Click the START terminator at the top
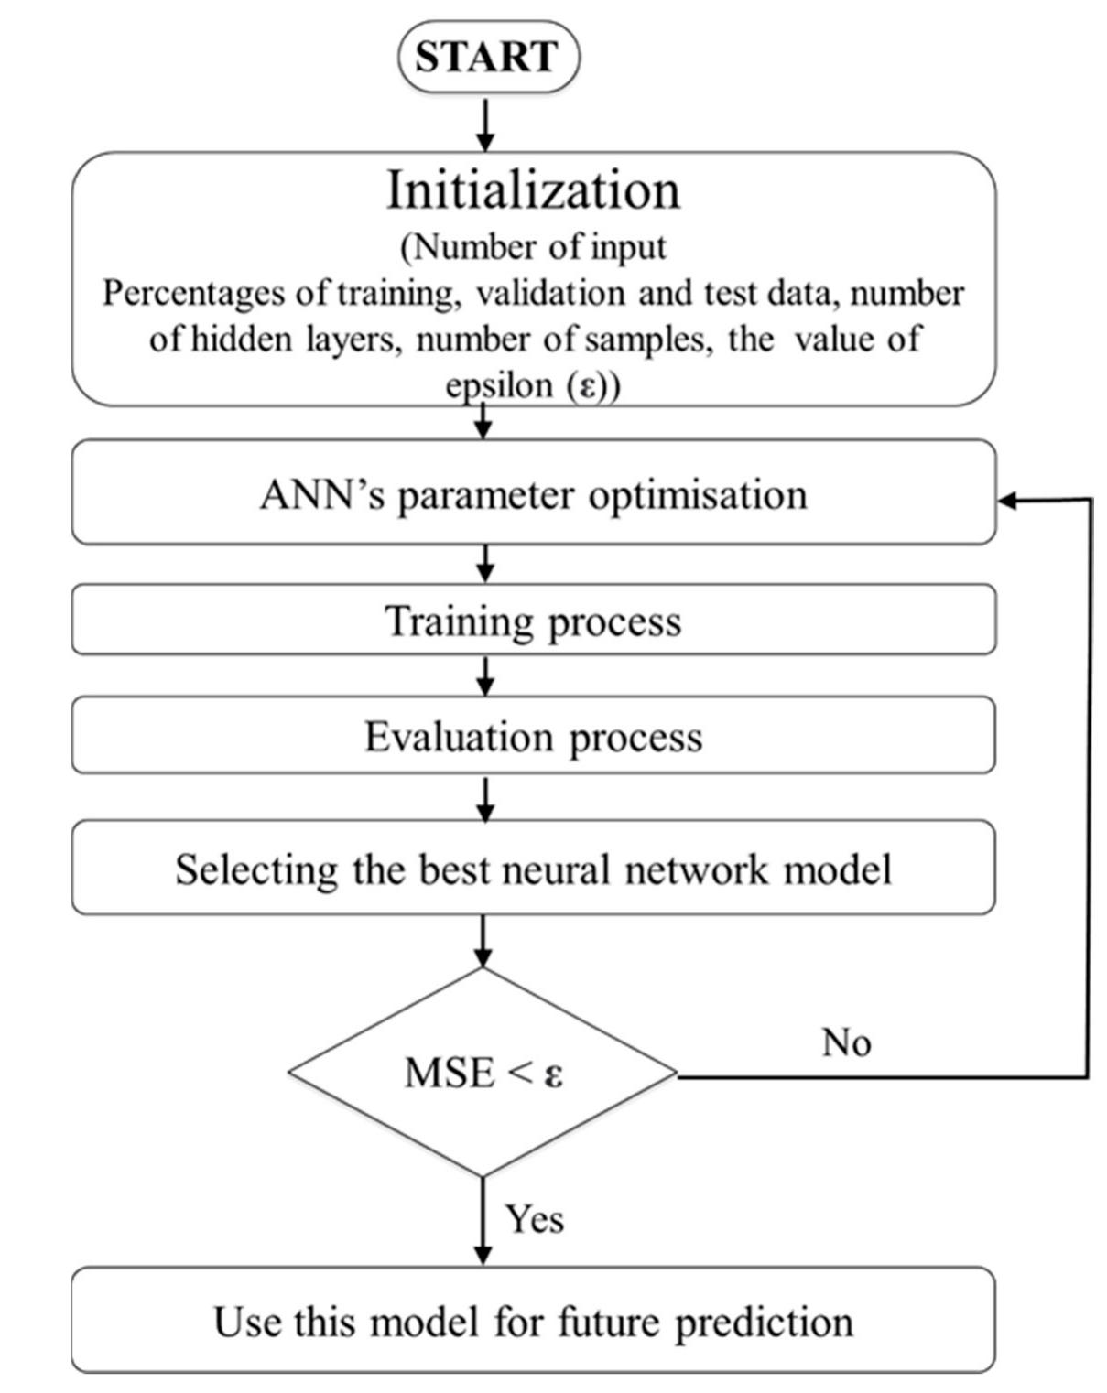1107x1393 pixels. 488,57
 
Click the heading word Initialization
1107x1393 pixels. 533,190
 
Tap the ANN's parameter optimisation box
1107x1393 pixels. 533,494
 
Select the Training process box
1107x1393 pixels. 533,621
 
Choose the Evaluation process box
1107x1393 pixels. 533,736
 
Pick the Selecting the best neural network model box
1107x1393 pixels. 533,868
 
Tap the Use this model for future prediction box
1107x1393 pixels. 533,1321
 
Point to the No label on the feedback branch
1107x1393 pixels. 846,1042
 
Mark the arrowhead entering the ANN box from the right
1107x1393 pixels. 1007,500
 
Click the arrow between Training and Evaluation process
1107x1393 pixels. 486,675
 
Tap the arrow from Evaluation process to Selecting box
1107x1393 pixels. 486,798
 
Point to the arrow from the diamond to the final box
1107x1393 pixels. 483,1222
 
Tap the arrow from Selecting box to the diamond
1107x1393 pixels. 483,941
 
